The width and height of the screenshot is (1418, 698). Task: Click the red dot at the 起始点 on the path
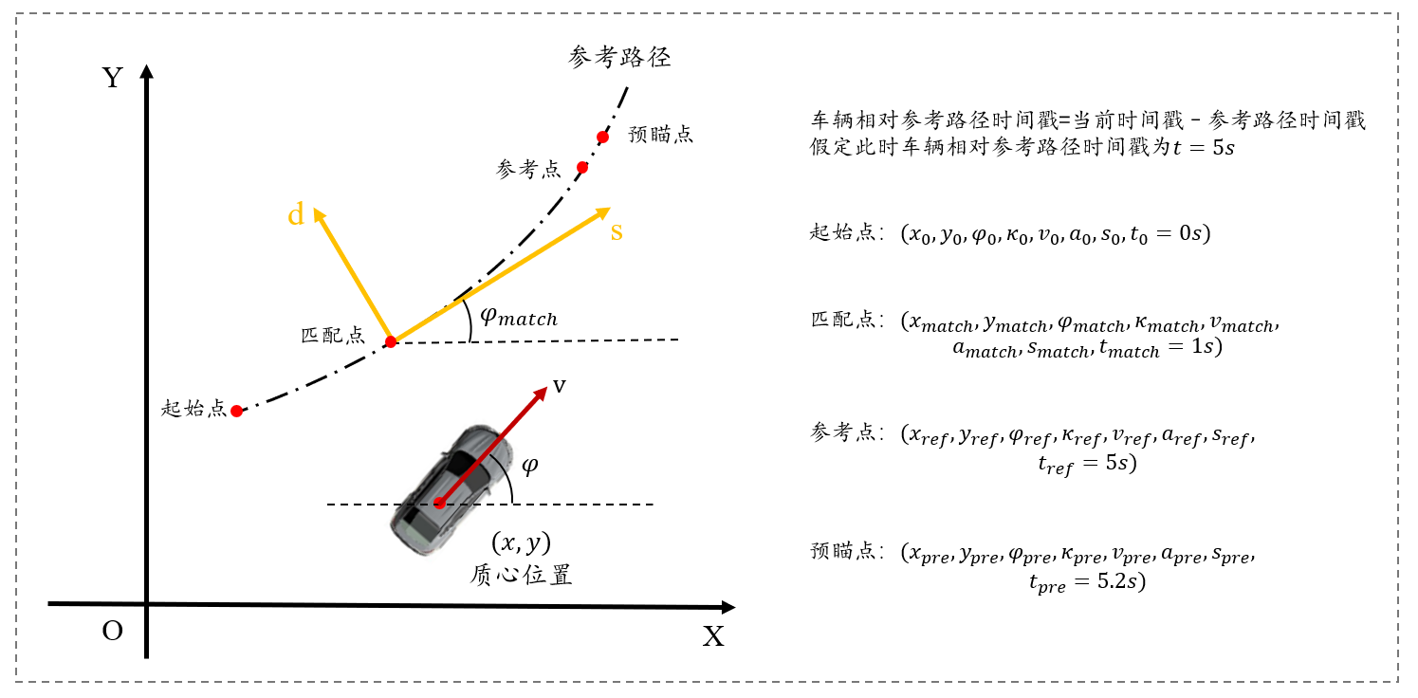click(x=237, y=412)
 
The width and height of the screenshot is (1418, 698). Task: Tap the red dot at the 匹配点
click(x=390, y=341)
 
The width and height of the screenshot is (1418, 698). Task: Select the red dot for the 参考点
click(x=582, y=168)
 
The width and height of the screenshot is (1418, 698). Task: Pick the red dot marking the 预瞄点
click(x=602, y=138)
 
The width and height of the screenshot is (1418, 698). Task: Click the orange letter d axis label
click(x=296, y=216)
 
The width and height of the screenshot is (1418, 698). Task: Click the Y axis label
click(x=113, y=77)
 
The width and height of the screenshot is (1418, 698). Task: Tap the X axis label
click(x=713, y=636)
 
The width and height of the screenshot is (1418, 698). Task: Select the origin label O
click(x=113, y=631)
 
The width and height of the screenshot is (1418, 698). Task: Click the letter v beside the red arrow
click(x=561, y=385)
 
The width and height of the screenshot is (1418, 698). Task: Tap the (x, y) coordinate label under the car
click(x=521, y=542)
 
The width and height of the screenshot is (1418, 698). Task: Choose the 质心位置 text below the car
click(x=521, y=575)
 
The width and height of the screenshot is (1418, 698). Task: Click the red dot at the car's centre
click(x=439, y=503)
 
